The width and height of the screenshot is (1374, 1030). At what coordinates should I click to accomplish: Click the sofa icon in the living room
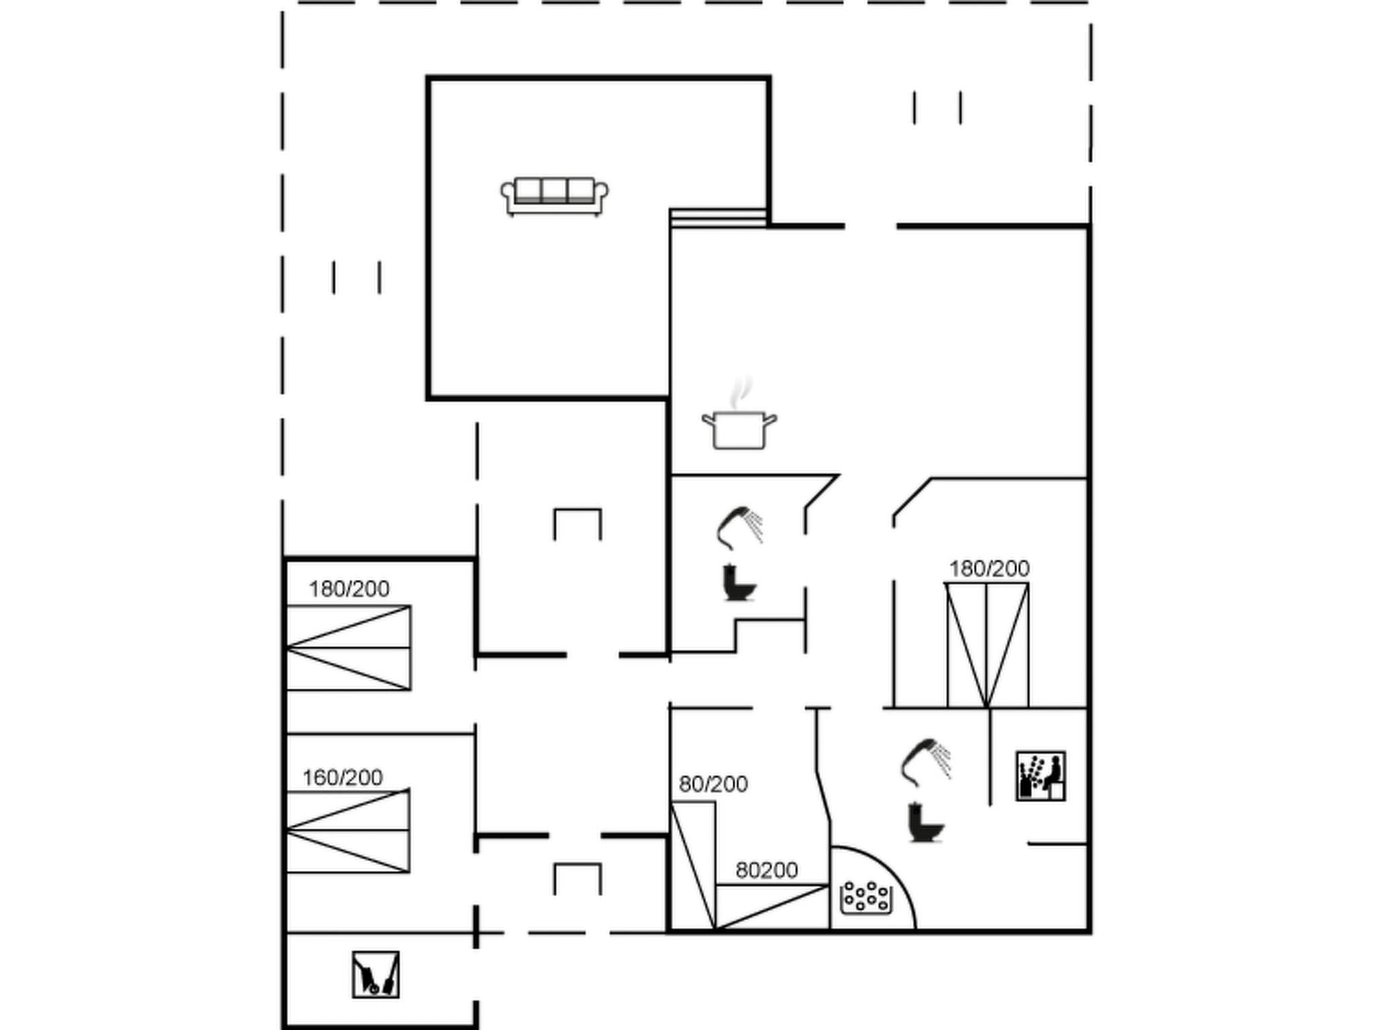click(554, 196)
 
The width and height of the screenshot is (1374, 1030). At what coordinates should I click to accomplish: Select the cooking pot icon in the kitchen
click(739, 429)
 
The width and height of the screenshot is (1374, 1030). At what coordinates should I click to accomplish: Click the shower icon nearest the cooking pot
click(739, 527)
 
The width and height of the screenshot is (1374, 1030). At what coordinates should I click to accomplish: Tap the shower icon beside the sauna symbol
click(926, 762)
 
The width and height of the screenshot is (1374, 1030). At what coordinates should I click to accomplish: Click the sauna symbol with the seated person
click(1041, 776)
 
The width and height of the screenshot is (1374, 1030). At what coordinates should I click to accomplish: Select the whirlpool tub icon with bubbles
click(867, 897)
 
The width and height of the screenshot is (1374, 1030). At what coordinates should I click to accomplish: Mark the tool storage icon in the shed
click(376, 974)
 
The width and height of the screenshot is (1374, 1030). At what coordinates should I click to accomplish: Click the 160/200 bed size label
click(342, 778)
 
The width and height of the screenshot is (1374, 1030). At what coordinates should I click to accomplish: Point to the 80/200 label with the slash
click(713, 784)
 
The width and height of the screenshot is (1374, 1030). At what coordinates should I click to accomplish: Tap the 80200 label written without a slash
click(766, 870)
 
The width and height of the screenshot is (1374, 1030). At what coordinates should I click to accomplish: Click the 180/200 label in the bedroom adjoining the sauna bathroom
click(989, 569)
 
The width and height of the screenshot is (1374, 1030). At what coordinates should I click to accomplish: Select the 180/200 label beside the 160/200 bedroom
click(349, 589)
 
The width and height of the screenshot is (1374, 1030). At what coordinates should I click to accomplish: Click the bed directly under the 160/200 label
click(348, 831)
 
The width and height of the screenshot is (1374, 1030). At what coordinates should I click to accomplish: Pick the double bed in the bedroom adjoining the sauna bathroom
click(987, 645)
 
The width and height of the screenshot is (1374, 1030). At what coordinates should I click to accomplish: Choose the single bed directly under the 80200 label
click(772, 907)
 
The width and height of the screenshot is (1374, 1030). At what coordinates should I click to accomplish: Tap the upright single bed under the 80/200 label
click(693, 865)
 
